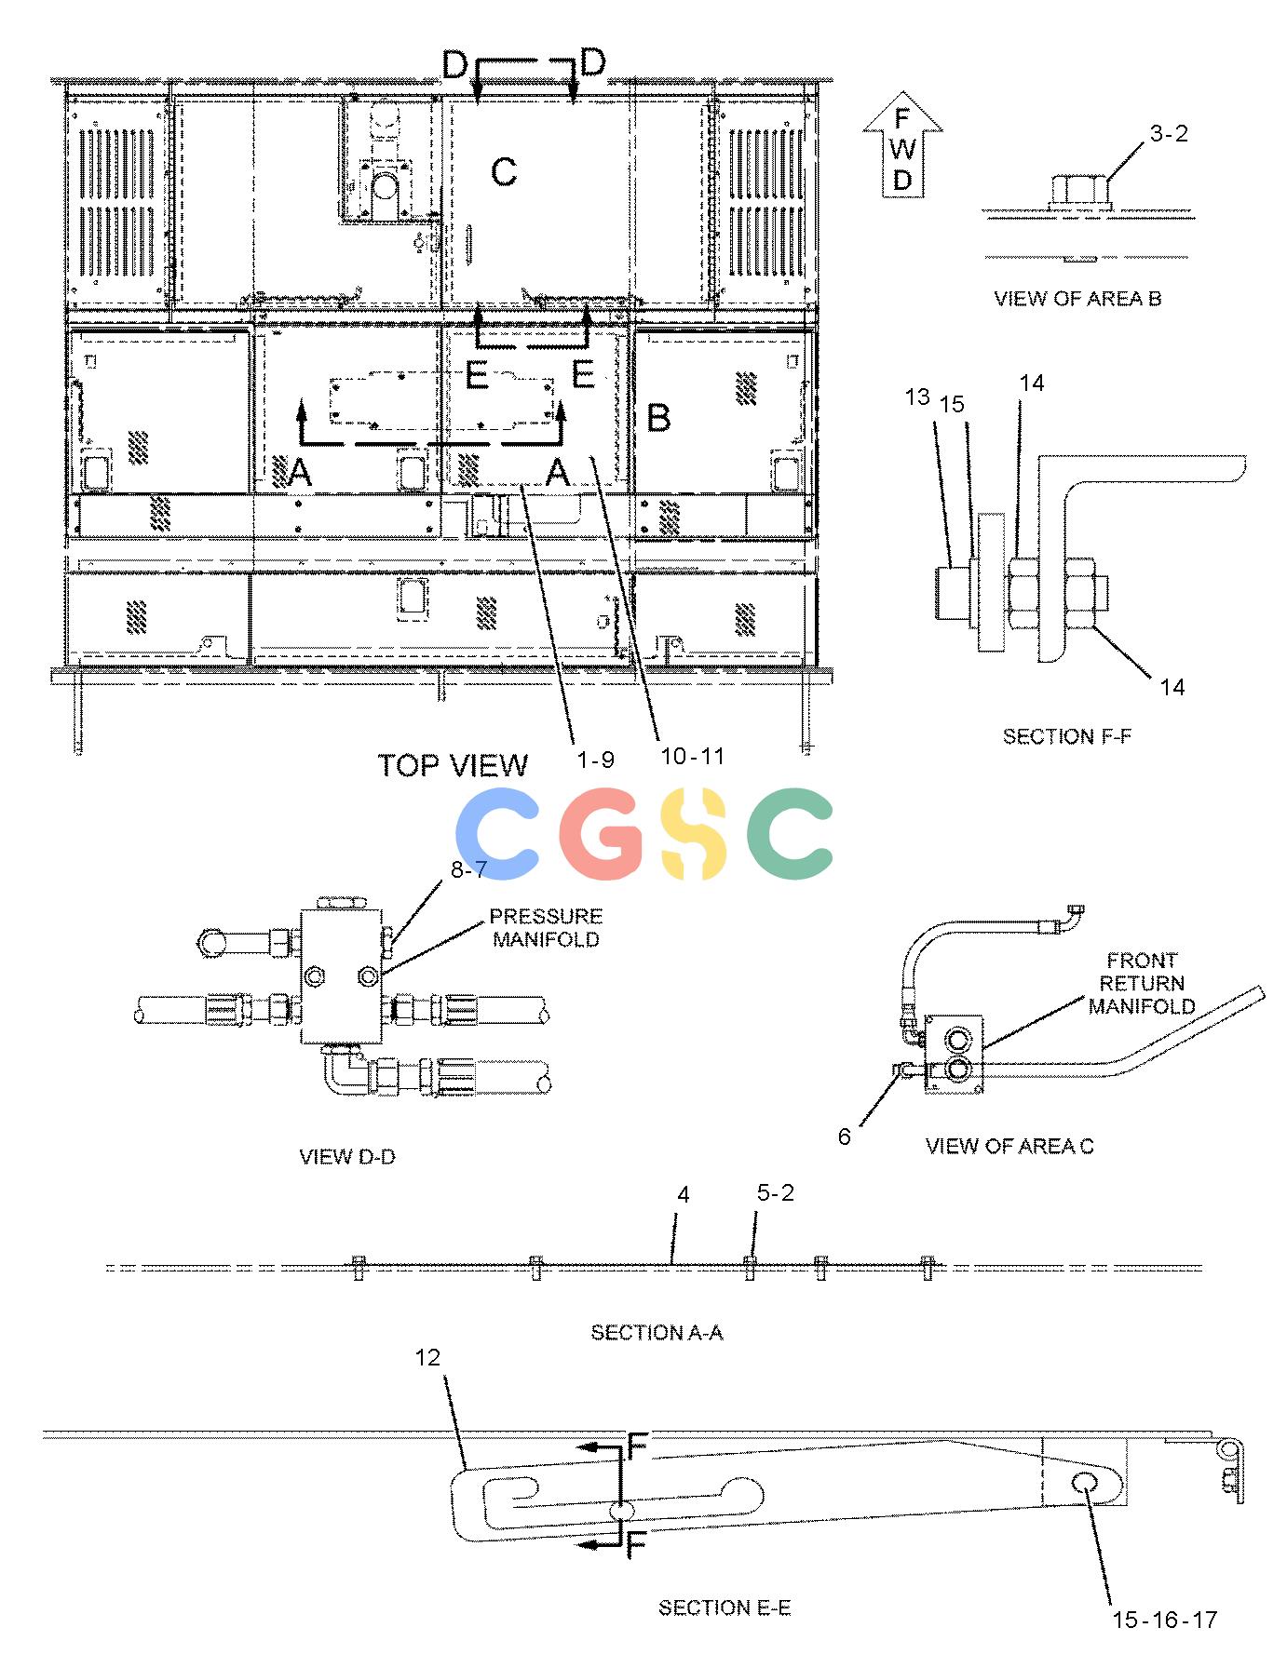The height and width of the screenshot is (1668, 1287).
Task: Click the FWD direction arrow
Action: click(901, 145)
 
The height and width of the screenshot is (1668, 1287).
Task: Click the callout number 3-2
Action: click(1169, 134)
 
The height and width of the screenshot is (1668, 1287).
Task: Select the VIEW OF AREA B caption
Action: click(1077, 299)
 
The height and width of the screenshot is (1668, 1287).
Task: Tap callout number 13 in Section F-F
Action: click(917, 397)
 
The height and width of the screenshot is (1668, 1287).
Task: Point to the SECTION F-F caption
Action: click(1067, 736)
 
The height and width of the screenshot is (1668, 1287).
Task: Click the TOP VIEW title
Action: click(453, 765)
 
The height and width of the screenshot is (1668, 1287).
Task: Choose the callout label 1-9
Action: click(595, 760)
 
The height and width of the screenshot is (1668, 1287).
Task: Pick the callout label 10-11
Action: click(692, 756)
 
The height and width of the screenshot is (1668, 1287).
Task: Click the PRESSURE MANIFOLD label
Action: click(547, 928)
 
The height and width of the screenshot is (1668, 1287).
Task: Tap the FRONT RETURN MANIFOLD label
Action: click(1142, 983)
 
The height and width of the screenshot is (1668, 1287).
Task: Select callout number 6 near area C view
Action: click(845, 1137)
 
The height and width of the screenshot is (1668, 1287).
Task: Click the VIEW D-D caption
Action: click(347, 1157)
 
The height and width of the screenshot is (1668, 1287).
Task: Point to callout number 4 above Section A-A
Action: click(684, 1195)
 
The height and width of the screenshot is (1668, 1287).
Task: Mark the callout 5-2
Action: click(776, 1193)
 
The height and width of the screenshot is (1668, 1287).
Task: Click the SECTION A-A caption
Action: click(657, 1333)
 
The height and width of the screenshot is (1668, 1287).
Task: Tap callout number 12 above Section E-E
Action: click(427, 1358)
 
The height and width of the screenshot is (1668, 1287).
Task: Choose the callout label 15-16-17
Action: click(1165, 1621)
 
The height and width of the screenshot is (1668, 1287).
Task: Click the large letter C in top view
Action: click(504, 171)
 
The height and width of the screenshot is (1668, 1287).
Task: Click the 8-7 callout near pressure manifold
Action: click(469, 870)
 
